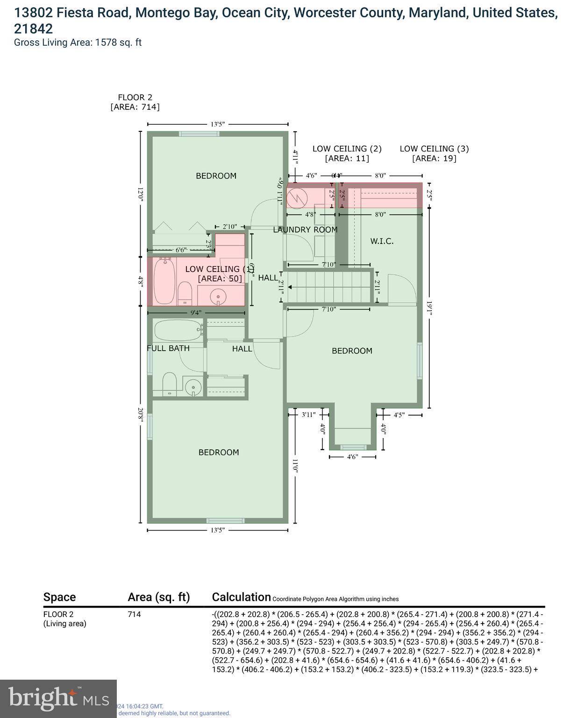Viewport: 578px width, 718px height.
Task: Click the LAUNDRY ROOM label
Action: (x=305, y=230)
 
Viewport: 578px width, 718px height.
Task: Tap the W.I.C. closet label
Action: (x=382, y=241)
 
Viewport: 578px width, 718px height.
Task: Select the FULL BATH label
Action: (x=168, y=348)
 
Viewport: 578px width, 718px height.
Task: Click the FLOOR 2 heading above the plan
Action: (x=135, y=98)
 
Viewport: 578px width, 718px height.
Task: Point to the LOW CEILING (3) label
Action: (x=434, y=149)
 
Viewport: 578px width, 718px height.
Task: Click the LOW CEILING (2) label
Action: (x=347, y=149)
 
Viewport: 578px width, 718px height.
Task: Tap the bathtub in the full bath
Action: (x=178, y=330)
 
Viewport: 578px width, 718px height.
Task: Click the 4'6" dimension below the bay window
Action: (x=352, y=457)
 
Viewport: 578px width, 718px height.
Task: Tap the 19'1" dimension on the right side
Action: (x=429, y=308)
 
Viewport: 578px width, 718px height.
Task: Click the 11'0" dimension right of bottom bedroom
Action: (x=295, y=466)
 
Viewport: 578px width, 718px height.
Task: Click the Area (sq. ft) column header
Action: (x=159, y=597)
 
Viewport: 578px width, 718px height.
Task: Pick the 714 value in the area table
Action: (x=134, y=614)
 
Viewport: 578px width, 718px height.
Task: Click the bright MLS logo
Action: (x=58, y=698)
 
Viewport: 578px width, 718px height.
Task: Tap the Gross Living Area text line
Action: (x=78, y=43)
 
